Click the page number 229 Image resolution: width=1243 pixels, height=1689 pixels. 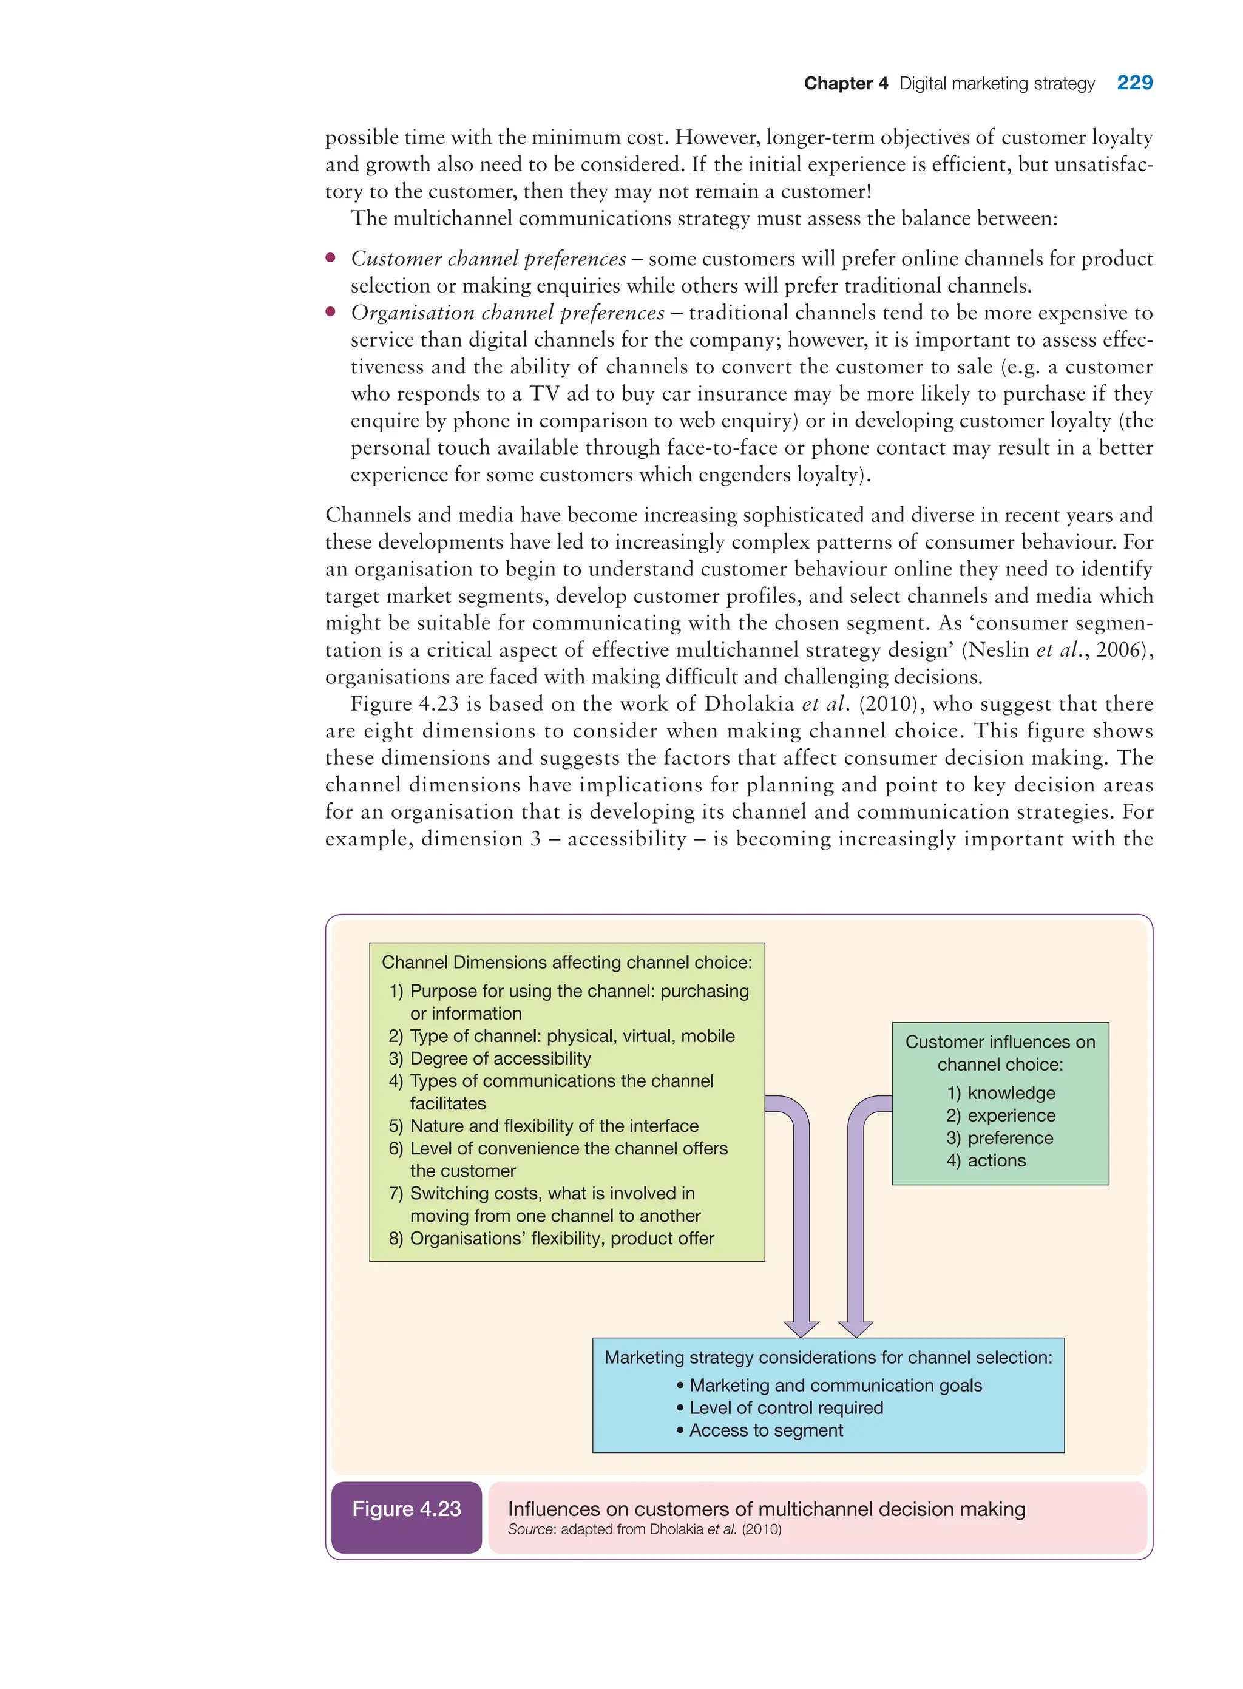1134,83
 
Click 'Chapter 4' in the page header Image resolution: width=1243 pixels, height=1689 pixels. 845,84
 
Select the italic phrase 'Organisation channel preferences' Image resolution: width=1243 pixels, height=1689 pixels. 507,313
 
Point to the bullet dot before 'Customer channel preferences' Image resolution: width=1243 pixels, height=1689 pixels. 330,258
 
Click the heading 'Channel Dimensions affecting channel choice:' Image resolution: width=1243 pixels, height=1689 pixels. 567,963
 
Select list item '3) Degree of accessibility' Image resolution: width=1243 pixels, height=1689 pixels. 490,1058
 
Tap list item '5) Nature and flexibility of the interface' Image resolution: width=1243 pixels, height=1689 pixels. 543,1126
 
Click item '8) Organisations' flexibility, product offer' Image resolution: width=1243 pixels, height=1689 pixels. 552,1238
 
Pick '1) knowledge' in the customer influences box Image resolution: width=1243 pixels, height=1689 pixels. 1001,1093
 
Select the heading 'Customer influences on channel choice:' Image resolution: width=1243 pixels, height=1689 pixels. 1000,1054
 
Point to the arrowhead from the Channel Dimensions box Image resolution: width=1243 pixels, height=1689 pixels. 801,1329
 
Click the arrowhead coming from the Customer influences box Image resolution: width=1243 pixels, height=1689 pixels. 856,1329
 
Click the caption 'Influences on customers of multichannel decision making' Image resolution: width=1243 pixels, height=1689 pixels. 766,1509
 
